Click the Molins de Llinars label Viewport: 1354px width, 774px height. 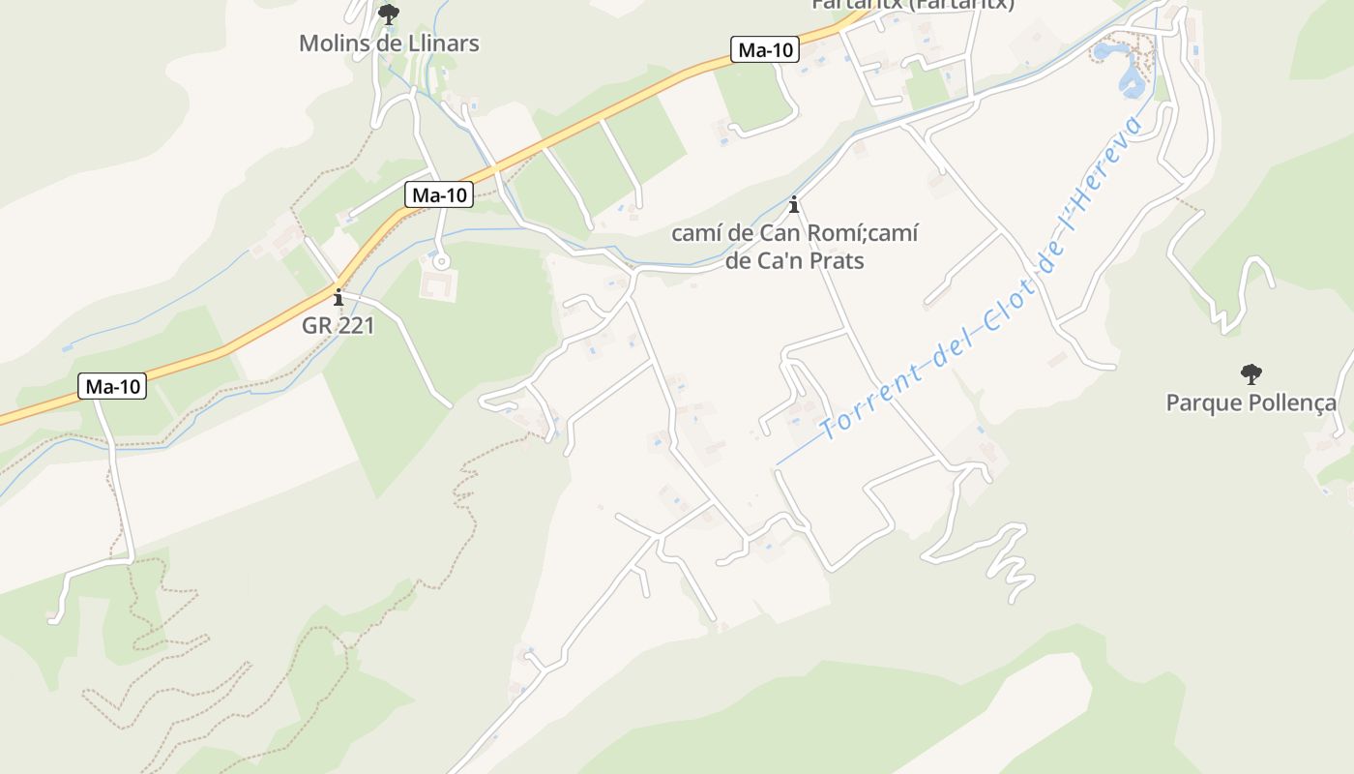(x=389, y=44)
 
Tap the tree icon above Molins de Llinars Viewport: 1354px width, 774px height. (x=388, y=15)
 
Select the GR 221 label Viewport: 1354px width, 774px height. (x=338, y=325)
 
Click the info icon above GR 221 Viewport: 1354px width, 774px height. (x=338, y=297)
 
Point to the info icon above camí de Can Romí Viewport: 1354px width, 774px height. (x=794, y=205)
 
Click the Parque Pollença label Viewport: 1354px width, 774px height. (x=1251, y=402)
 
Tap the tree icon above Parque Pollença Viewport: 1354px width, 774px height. (x=1251, y=373)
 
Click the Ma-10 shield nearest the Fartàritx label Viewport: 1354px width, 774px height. (x=764, y=50)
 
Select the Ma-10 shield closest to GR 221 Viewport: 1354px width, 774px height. (x=439, y=195)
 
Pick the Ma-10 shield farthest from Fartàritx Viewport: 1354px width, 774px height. (x=112, y=387)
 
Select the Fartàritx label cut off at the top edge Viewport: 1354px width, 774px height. (x=912, y=4)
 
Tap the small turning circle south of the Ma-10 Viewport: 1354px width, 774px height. (x=442, y=261)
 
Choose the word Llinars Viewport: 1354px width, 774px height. (x=444, y=44)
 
